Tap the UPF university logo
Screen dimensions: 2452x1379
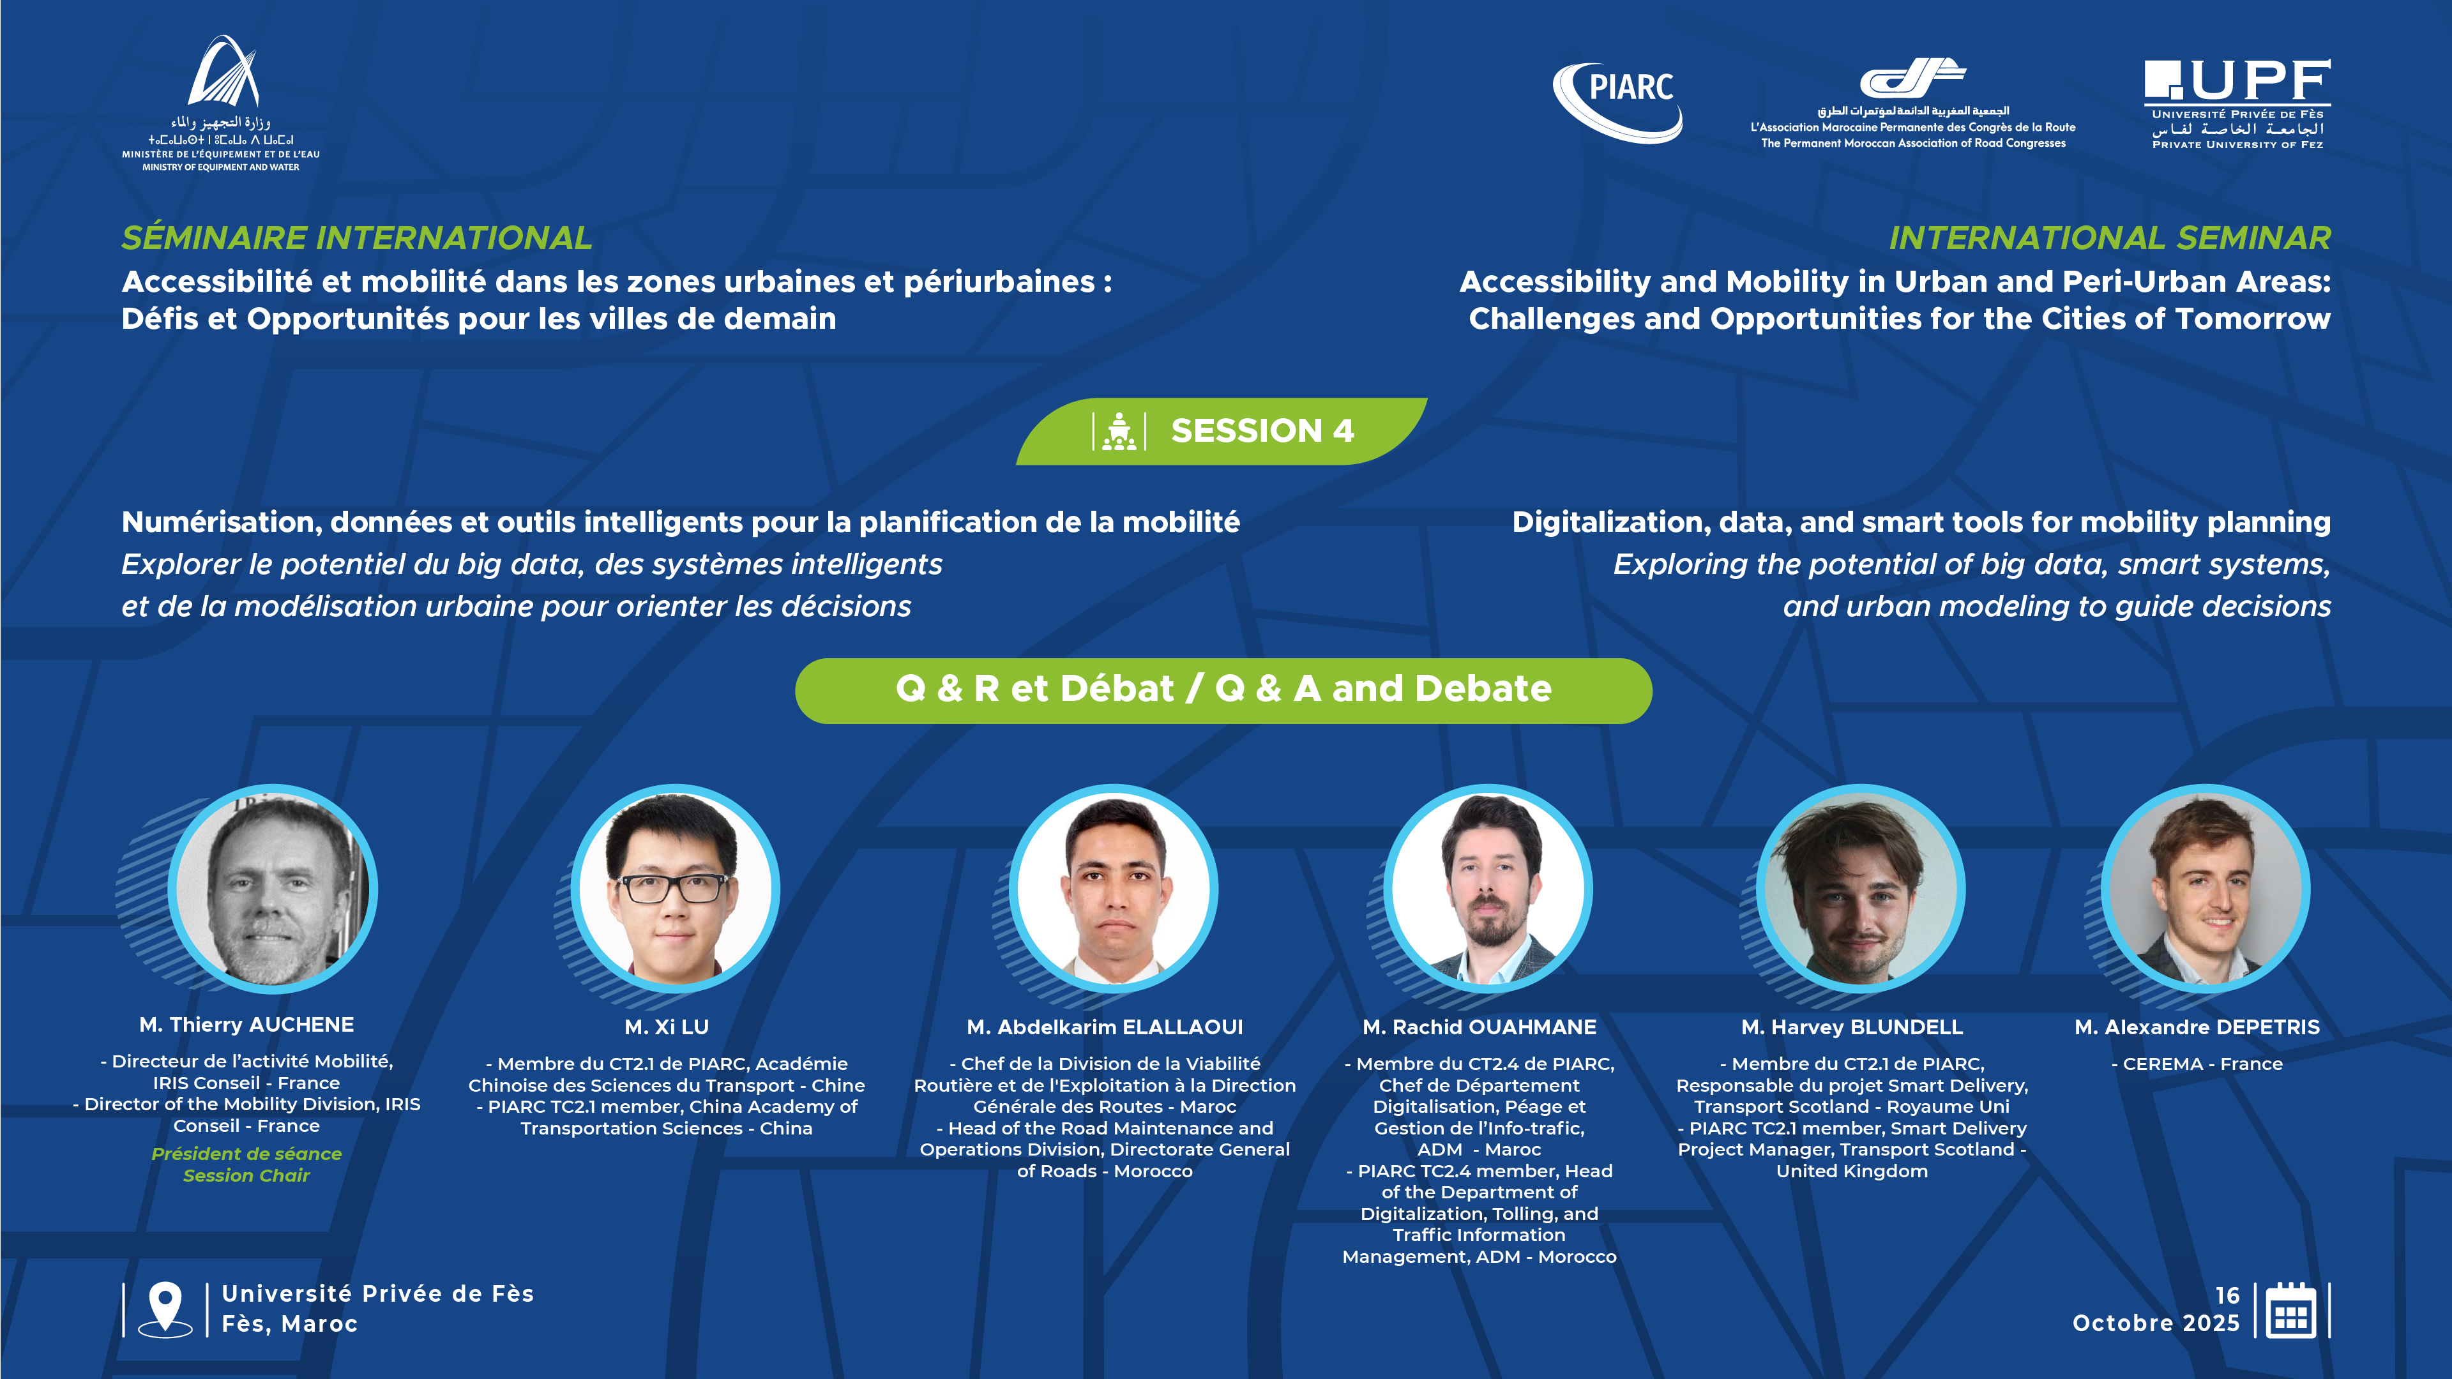(x=2237, y=103)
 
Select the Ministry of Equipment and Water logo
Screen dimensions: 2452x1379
(x=221, y=103)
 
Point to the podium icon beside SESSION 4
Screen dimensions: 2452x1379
(x=1119, y=431)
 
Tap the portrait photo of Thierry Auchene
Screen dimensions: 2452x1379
(x=273, y=889)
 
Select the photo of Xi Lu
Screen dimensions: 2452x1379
(x=675, y=889)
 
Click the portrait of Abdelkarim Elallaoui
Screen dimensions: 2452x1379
(x=1114, y=889)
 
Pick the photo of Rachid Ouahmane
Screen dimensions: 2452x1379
(x=1488, y=889)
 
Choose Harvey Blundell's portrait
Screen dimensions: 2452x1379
(x=1861, y=889)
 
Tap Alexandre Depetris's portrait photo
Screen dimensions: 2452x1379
(x=2206, y=889)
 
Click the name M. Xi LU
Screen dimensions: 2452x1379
(x=666, y=1027)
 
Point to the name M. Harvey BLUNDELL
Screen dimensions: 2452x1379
(x=1851, y=1027)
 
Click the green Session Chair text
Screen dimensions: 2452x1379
(x=246, y=1175)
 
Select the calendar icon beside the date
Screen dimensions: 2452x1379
(x=2291, y=1311)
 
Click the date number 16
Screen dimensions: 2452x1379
(x=2227, y=1295)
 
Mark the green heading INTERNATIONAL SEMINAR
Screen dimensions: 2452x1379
(x=2109, y=238)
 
